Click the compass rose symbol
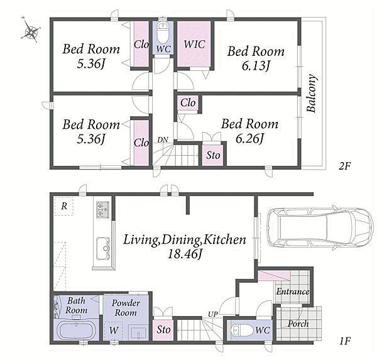coord(31,31)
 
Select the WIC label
coord(194,44)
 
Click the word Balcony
coord(312,94)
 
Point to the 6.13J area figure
coord(256,65)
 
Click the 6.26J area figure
coord(249,138)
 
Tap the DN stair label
coord(163,139)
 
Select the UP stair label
coord(213,314)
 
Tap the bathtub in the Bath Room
coord(76,330)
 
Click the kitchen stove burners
coord(102,209)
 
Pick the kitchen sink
coord(103,249)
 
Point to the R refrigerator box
coord(63,206)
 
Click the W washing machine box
coord(113,330)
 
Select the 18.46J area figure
coord(184,254)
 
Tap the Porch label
coord(298,324)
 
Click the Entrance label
coord(293,292)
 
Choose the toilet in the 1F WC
coord(241,330)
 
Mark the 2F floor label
coord(345,166)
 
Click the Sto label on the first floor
coord(163,329)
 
